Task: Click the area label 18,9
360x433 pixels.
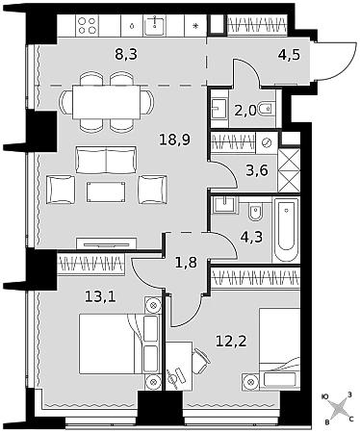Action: (175, 140)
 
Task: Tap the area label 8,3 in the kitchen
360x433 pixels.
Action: (126, 54)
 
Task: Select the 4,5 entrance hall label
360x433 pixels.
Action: (289, 55)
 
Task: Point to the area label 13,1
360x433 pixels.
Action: (100, 297)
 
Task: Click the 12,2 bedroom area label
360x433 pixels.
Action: (231, 341)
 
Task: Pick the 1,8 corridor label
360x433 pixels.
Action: (186, 263)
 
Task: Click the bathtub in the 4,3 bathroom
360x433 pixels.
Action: (286, 229)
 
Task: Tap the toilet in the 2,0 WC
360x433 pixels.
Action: (267, 109)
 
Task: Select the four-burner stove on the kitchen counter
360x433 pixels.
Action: (88, 26)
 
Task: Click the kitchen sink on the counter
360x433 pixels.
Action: (155, 25)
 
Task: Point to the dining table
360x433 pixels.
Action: (107, 102)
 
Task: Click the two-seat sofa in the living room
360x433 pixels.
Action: (106, 160)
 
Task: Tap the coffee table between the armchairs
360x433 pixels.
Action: (106, 192)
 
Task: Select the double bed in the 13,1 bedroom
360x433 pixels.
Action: (111, 344)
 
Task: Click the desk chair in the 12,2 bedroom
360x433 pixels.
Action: (201, 361)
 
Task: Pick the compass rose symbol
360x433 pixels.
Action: (339, 409)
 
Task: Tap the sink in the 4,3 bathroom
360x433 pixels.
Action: (225, 205)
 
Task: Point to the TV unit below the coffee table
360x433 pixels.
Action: (107, 243)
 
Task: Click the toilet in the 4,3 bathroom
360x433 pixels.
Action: (255, 212)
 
